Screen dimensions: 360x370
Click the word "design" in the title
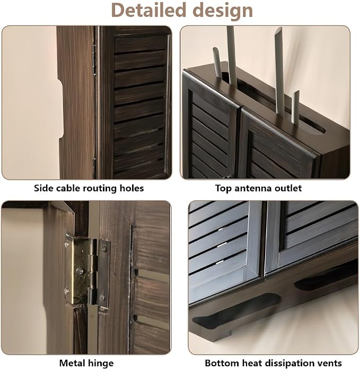pos(223,11)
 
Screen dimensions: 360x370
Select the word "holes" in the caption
pos(131,188)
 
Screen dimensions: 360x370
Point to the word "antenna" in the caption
pos(252,188)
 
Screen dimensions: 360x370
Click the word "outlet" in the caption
pos(287,188)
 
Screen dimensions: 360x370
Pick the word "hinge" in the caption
pos(100,364)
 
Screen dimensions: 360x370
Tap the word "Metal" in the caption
pos(72,363)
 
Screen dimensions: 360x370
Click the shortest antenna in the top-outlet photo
pos(295,107)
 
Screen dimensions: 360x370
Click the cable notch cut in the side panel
pos(61,110)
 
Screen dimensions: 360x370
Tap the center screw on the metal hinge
pos(80,271)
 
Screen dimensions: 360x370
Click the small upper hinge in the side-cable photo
pos(94,60)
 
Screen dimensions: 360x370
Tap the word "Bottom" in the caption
pos(220,363)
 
